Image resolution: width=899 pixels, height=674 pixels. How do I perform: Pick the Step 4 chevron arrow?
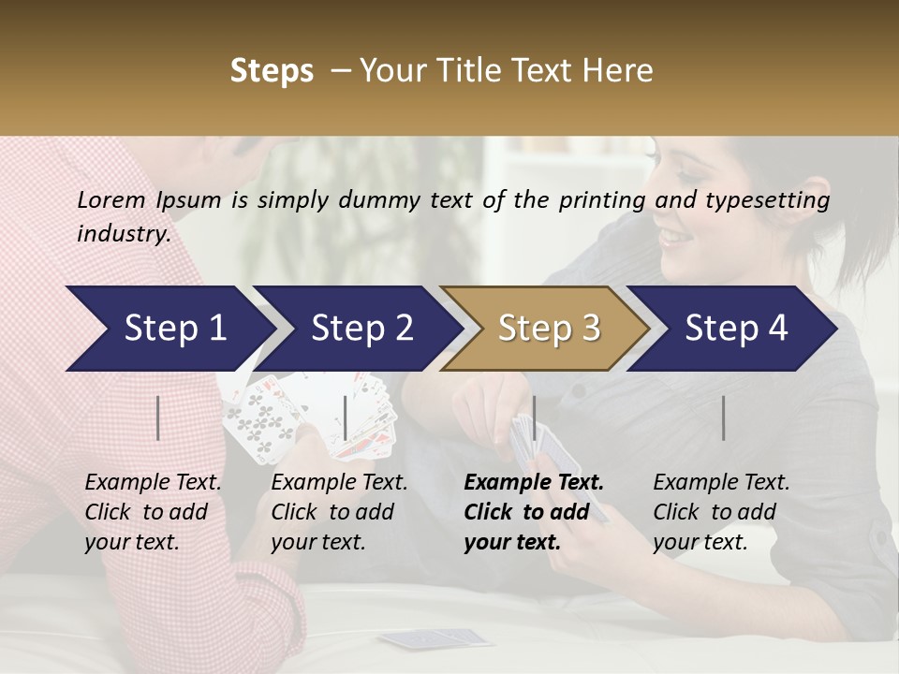tap(732, 329)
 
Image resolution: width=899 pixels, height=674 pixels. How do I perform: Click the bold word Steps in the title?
tap(272, 71)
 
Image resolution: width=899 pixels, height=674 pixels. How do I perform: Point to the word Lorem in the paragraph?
tap(111, 199)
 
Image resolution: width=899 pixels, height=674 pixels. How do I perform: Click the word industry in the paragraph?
tap(123, 233)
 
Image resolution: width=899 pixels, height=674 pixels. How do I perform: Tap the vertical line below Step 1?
tap(157, 418)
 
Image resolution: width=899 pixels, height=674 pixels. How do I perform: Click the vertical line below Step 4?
tap(723, 418)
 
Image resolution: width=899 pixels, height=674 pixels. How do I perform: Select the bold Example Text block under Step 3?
tap(534, 512)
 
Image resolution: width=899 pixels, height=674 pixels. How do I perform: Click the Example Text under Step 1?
tap(153, 512)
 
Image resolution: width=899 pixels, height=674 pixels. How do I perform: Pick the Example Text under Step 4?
tap(721, 512)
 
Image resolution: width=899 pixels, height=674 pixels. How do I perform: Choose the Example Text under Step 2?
tap(339, 512)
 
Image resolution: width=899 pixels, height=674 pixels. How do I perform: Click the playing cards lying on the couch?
tap(435, 639)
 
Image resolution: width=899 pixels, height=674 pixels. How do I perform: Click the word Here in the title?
tap(617, 71)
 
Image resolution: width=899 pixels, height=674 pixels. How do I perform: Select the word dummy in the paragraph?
tap(375, 199)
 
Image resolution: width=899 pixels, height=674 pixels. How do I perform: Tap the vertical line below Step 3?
tap(534, 418)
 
